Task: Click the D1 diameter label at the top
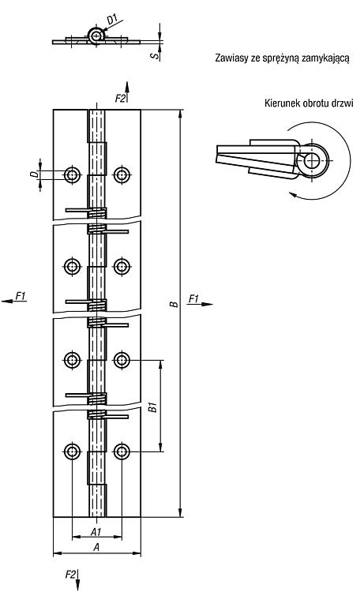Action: coord(112,19)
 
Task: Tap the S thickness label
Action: coord(155,55)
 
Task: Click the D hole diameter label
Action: coord(35,174)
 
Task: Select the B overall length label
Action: coord(174,304)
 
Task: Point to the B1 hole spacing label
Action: coord(152,407)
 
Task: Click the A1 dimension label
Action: coord(96,531)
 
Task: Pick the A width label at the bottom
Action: coord(96,547)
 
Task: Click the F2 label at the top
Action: coord(120,99)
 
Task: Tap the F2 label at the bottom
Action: coord(70,575)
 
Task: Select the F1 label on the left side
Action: coord(21,296)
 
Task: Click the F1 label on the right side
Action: coord(193,299)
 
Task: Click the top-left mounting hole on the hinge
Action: coord(72,174)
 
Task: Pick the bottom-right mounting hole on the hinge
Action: coord(122,451)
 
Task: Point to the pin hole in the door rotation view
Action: coord(312,160)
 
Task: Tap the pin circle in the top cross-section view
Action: coord(96,36)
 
